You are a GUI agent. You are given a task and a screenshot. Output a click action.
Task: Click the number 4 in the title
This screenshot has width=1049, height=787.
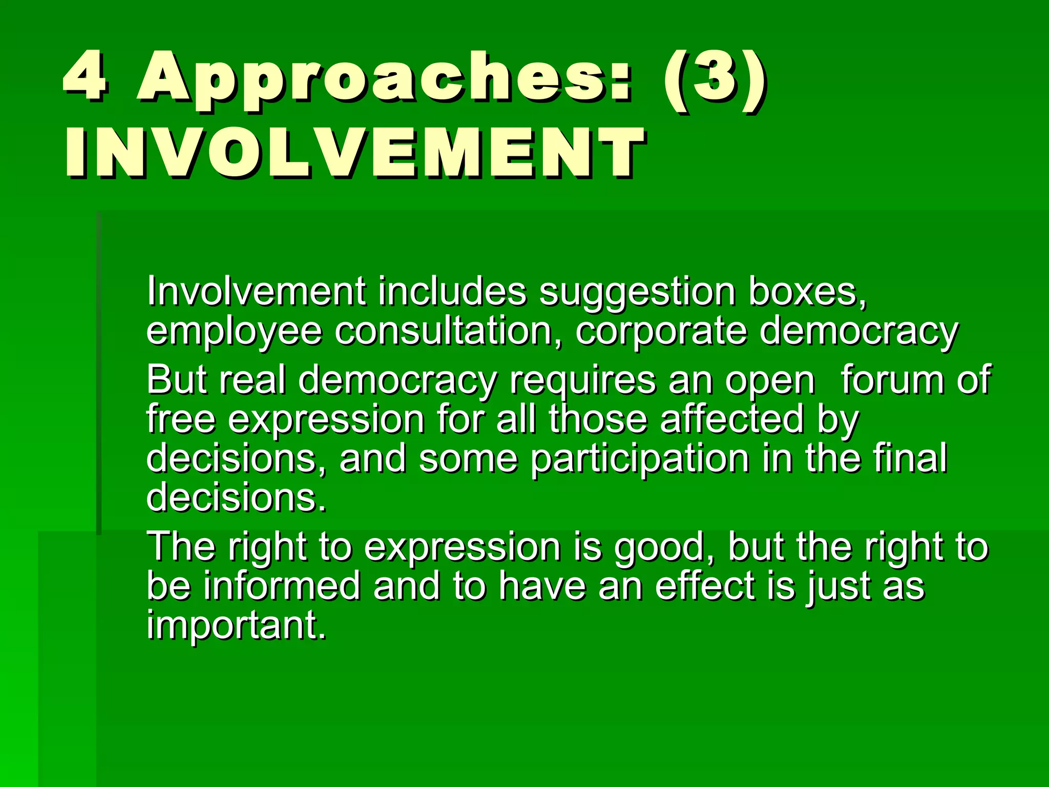pos(85,77)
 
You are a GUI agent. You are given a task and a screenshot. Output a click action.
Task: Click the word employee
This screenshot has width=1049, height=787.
pos(234,332)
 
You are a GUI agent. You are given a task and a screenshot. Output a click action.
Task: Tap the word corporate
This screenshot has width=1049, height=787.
pos(661,332)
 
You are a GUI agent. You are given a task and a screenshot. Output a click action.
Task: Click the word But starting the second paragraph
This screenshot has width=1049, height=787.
pos(177,380)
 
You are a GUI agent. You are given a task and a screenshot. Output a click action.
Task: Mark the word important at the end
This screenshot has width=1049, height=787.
pos(236,626)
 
